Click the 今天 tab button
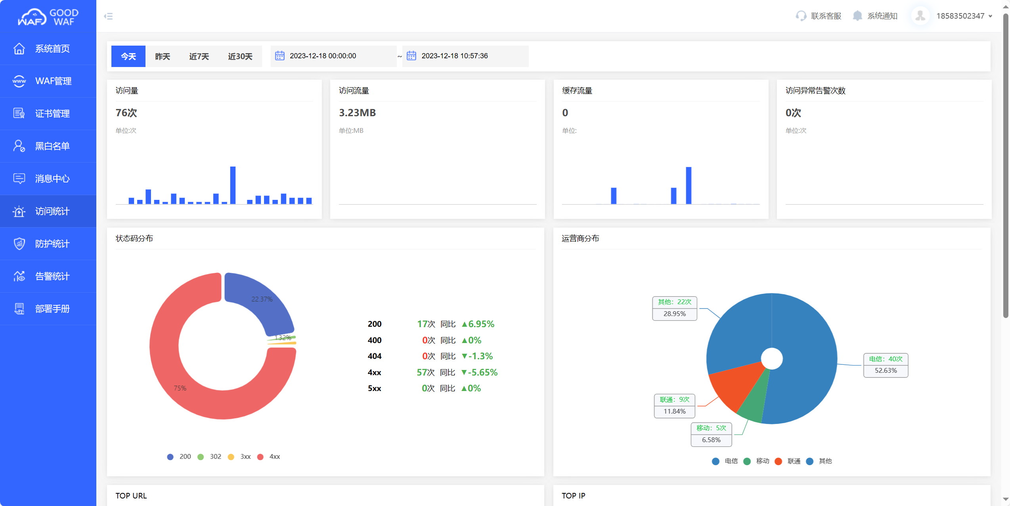point(128,56)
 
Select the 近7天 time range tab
point(199,56)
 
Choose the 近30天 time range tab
point(240,56)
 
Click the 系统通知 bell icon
point(857,16)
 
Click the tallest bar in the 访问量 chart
point(233,186)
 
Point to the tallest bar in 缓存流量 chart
point(689,186)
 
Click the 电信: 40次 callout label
point(886,359)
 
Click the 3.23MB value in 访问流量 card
point(357,113)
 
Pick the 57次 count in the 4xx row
point(425,372)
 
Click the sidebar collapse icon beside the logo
point(108,16)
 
